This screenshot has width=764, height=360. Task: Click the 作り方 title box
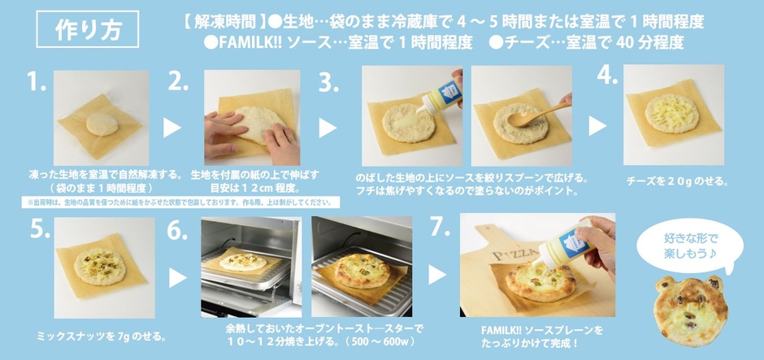coord(79,29)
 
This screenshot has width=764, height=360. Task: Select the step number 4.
coord(608,75)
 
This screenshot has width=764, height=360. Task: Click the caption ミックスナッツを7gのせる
coord(102,335)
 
